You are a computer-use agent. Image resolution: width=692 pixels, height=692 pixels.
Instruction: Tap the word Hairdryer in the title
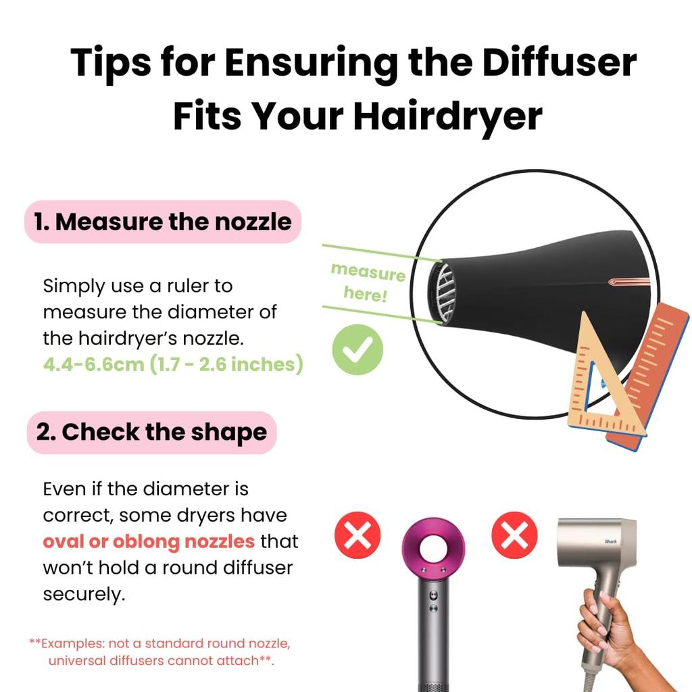(448, 116)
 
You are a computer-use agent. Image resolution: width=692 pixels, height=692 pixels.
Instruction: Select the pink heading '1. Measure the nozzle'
(162, 222)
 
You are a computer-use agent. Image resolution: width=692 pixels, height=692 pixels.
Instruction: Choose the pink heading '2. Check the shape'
(151, 432)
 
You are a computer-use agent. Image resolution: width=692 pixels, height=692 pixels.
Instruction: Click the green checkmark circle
(357, 350)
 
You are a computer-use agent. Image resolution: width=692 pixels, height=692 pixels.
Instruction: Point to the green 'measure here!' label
(367, 282)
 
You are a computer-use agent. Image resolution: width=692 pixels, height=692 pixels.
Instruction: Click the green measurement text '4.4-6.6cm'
(88, 364)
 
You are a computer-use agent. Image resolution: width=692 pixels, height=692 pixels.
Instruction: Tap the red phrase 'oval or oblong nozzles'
(149, 541)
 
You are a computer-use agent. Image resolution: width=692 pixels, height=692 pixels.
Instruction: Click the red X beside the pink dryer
(357, 536)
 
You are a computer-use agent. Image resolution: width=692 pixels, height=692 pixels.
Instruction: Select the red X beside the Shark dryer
(514, 536)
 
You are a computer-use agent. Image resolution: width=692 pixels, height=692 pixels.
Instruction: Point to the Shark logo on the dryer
(611, 541)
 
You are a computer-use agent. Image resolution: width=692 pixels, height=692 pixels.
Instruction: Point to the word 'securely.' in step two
(84, 594)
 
